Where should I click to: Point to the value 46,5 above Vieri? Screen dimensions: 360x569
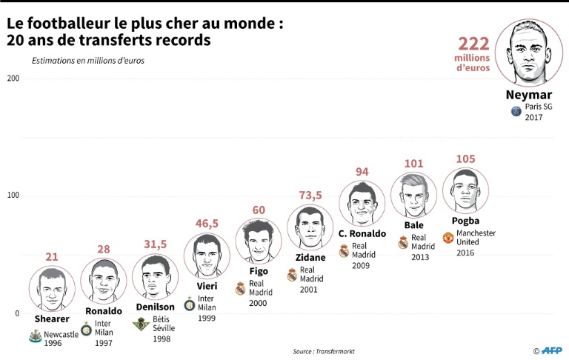pos(206,223)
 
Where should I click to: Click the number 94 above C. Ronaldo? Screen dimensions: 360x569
pos(362,172)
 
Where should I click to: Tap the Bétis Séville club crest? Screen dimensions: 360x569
pos(140,324)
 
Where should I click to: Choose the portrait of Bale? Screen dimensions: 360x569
pos(413,196)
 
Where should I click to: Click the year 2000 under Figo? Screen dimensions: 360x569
pos(259,303)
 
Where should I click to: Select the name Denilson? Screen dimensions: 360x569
pos(156,307)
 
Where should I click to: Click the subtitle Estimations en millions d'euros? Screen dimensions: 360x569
pos(87,61)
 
